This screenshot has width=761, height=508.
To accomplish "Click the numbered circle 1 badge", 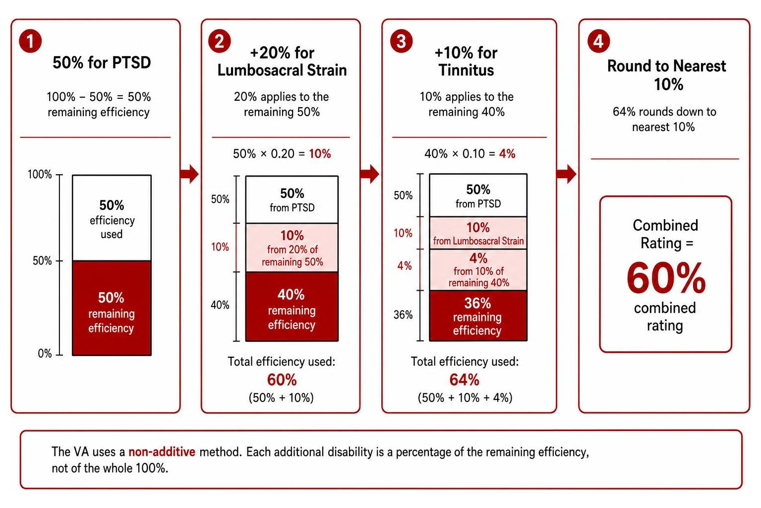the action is click(x=31, y=41).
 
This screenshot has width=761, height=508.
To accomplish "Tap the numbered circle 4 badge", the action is click(x=598, y=41).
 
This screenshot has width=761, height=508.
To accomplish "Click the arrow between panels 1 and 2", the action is click(x=189, y=174).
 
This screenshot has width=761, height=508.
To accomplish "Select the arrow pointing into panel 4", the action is click(x=566, y=174).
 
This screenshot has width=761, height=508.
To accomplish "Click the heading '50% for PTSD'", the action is click(x=102, y=63).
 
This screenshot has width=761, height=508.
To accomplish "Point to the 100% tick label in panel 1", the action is click(x=40, y=175).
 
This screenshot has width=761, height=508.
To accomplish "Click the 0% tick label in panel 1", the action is click(x=45, y=354).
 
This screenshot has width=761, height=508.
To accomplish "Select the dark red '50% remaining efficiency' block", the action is click(x=112, y=308).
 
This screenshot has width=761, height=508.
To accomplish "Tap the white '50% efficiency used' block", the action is click(x=112, y=218).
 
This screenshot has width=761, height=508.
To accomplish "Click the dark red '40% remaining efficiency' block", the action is click(x=292, y=307).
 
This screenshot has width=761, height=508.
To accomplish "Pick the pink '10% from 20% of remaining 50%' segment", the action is click(x=292, y=248).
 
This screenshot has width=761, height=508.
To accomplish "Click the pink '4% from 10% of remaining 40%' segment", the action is click(x=478, y=270).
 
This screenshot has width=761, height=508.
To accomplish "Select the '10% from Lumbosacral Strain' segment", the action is click(x=478, y=233).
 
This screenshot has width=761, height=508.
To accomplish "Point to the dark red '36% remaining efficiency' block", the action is click(x=478, y=316).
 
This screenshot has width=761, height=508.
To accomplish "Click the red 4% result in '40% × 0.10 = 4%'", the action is click(x=507, y=154).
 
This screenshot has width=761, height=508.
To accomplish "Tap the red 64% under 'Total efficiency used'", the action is click(x=464, y=380).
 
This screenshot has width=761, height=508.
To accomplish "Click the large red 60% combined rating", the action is click(x=666, y=278).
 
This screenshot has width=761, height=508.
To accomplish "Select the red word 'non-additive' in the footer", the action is click(x=162, y=452).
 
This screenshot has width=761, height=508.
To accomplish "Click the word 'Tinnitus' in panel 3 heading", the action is click(x=466, y=70).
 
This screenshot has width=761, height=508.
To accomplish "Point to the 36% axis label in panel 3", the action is click(x=403, y=315).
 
